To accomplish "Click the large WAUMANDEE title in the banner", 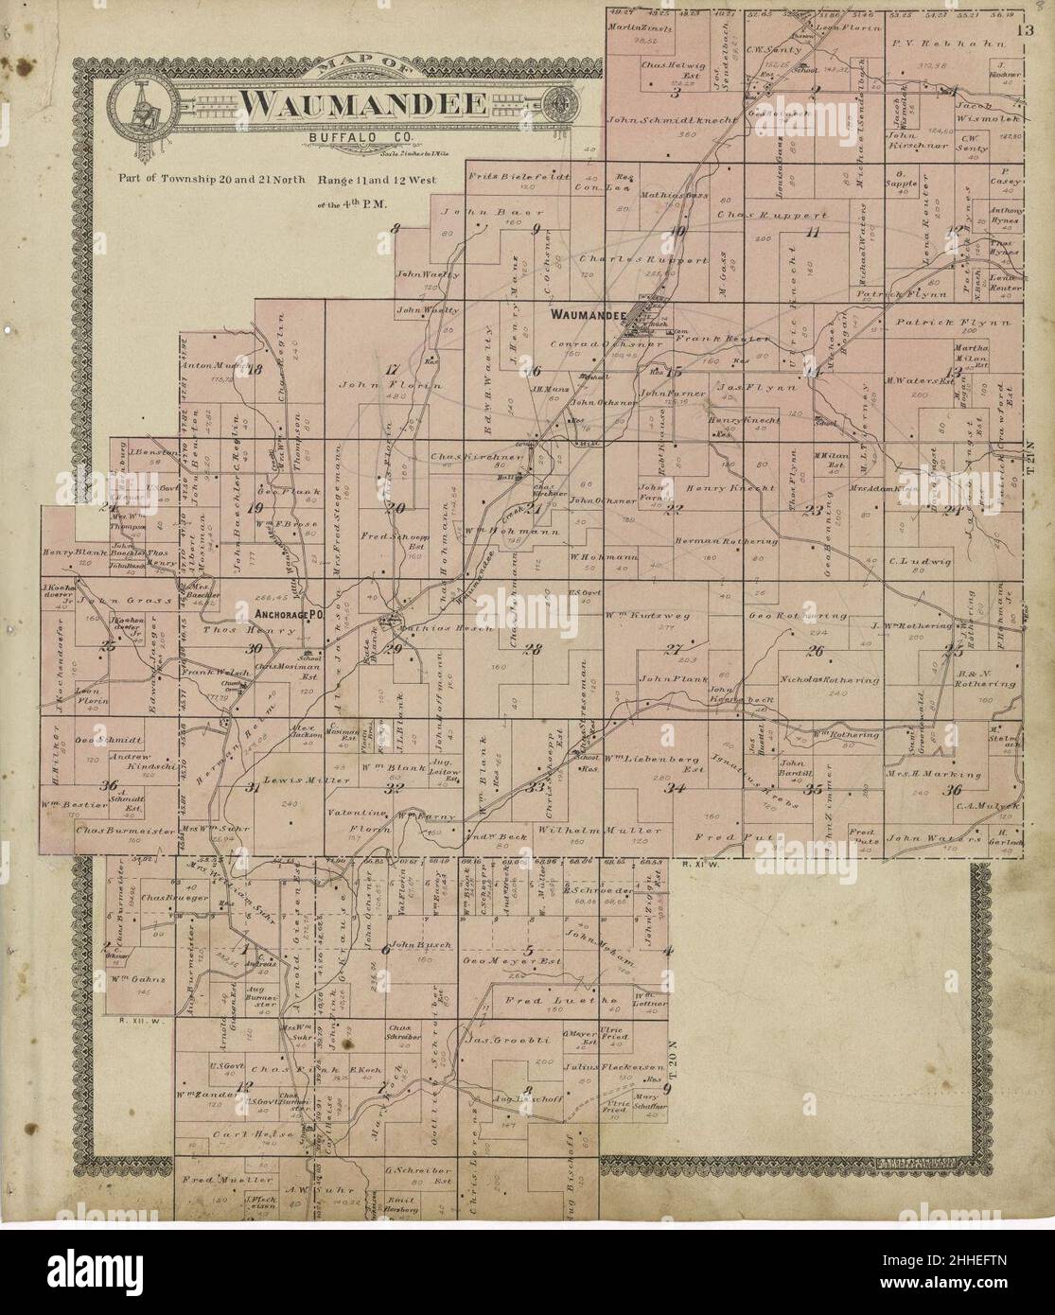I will (x=361, y=104).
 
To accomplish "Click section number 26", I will (x=815, y=650).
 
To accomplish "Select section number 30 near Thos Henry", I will (x=253, y=649).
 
